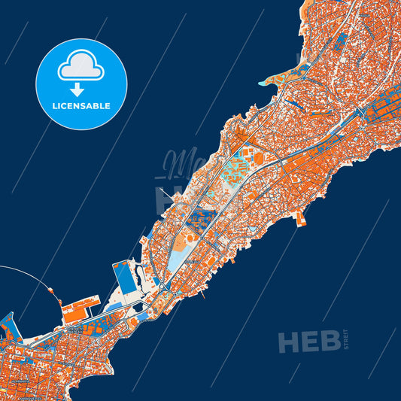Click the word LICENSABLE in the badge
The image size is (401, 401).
[x=81, y=106]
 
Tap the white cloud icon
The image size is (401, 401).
[x=81, y=65]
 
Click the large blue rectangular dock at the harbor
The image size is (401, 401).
[x=123, y=278]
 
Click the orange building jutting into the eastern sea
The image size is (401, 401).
[x=302, y=218]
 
